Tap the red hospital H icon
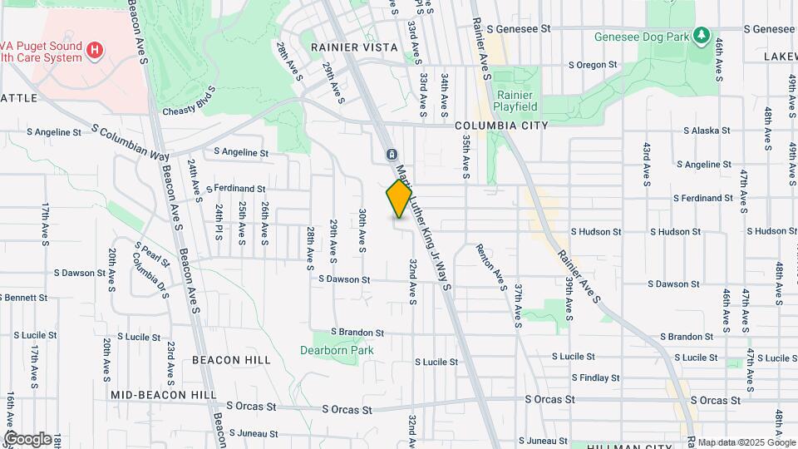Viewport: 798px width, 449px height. click(96, 51)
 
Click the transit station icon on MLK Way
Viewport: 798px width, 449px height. click(392, 155)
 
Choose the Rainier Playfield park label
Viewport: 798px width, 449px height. click(516, 101)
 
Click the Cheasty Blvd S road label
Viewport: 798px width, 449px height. click(190, 105)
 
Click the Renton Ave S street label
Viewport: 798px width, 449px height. click(491, 268)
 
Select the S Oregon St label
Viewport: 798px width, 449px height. click(593, 65)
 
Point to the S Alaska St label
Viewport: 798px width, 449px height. click(707, 131)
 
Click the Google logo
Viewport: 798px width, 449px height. click(27, 438)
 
